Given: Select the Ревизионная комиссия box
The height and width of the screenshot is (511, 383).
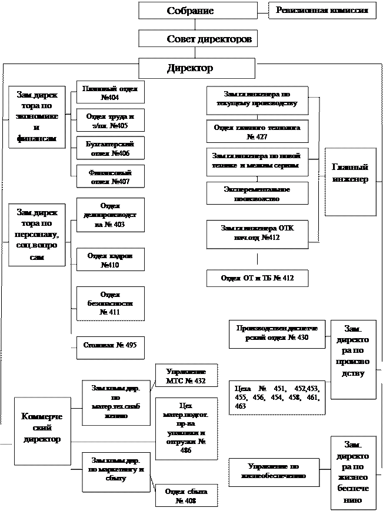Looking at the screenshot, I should [322, 11].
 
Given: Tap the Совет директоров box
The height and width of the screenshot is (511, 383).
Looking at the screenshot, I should [198, 39].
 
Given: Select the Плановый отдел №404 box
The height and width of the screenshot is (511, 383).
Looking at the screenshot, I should [111, 93].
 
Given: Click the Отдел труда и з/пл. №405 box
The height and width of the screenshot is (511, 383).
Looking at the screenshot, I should [111, 121].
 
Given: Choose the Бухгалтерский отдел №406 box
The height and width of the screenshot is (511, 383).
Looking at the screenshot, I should [111, 149].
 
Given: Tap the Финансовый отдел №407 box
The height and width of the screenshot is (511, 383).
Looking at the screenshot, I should [111, 177].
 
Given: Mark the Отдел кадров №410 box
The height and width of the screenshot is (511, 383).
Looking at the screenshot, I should [111, 261].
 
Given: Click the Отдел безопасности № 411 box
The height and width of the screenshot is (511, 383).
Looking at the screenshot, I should [111, 303].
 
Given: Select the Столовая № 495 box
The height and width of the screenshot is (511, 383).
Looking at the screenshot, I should [111, 345].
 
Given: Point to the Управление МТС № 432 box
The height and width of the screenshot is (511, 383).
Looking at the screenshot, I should [186, 376].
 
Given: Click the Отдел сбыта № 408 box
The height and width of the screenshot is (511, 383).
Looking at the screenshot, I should [186, 496].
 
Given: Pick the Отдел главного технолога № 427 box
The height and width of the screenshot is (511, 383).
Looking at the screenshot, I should [257, 132].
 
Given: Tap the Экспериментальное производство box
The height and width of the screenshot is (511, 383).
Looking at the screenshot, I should [257, 194].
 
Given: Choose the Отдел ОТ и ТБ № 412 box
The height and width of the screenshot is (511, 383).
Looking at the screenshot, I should [257, 278].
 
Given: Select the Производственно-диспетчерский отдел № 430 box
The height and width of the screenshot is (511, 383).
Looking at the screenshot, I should [277, 333].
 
